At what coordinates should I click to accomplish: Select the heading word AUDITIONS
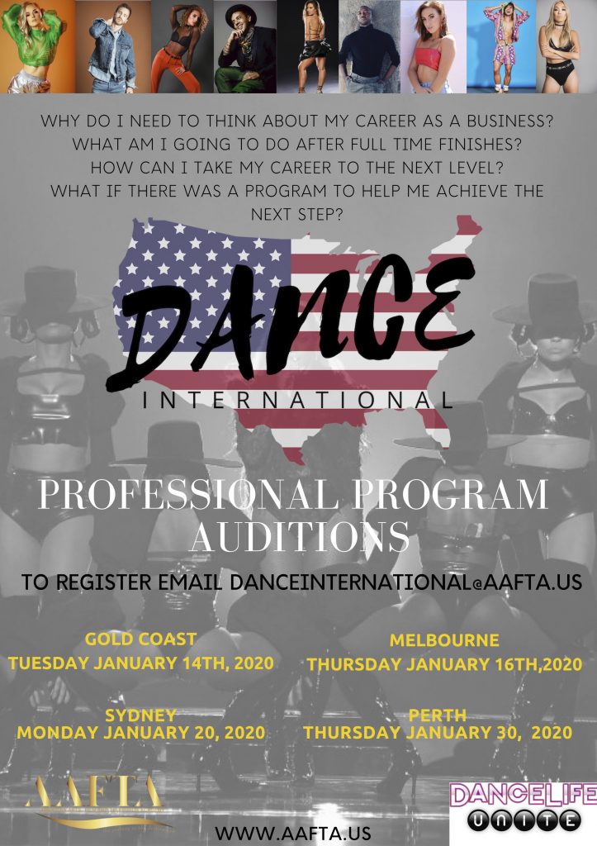(x=300, y=536)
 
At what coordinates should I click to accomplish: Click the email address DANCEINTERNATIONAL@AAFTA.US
(x=406, y=582)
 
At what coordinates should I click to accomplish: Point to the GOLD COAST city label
(x=140, y=639)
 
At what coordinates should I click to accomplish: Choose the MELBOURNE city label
(x=444, y=640)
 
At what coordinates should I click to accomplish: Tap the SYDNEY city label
(x=140, y=715)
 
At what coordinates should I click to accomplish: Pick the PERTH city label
(x=438, y=715)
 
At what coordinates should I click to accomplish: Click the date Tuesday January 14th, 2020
(x=140, y=663)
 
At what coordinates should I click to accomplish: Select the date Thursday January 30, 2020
(x=438, y=733)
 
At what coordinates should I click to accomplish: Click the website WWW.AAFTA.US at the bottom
(x=293, y=833)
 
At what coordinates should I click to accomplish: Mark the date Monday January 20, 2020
(x=140, y=733)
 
